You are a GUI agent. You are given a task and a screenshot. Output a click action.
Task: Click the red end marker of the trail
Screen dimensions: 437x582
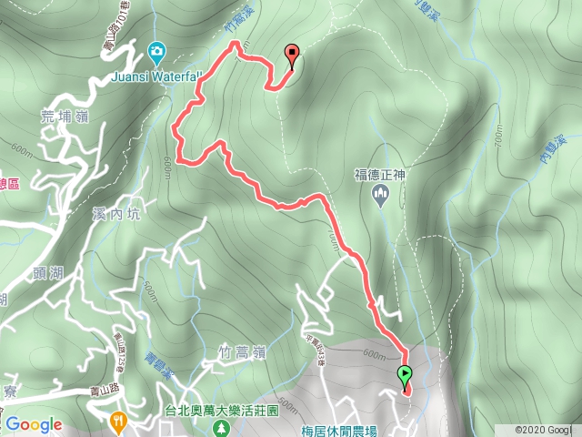coord(292,55)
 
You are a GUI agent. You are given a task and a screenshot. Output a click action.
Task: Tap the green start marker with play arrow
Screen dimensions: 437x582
coord(404,374)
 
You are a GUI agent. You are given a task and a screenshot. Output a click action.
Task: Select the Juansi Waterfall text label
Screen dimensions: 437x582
coord(154,77)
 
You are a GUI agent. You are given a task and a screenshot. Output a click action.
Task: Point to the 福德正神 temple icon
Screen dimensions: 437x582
coord(381,192)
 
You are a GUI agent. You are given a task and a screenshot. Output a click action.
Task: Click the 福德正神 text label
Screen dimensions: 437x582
coord(380,171)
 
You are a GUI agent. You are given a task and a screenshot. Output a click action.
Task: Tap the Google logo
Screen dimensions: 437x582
coord(34,424)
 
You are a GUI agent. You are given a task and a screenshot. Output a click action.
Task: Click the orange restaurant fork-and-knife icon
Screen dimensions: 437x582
coord(118,422)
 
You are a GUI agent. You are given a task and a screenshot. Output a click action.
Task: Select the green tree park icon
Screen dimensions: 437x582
coord(219,426)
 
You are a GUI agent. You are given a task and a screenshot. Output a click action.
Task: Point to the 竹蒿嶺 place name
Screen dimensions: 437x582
coord(242,351)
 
